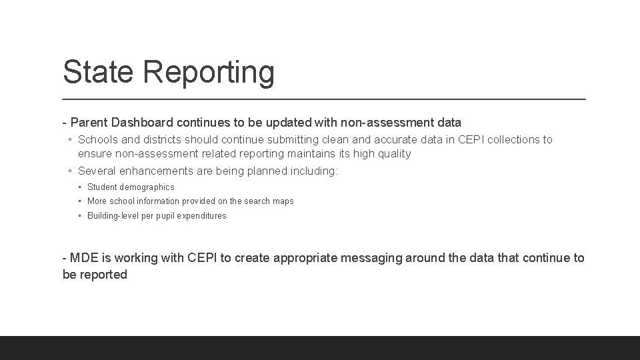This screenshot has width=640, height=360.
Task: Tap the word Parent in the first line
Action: point(89,123)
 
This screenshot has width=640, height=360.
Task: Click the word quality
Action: point(395,154)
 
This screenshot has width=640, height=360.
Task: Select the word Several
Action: point(98,171)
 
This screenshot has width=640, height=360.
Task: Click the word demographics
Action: point(147,187)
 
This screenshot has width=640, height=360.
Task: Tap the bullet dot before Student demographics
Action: point(80,187)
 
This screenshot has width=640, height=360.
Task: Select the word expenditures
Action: point(201,216)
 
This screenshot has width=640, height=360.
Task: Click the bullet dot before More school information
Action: point(80,201)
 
